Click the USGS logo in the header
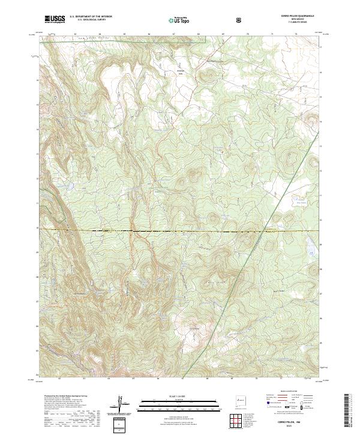pos(55,19)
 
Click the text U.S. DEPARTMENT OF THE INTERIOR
pos(91,17)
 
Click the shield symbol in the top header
pos(239,20)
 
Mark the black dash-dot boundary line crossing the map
pos(180,231)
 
